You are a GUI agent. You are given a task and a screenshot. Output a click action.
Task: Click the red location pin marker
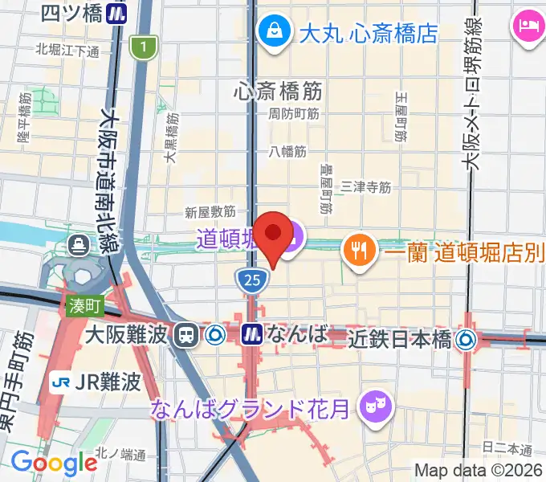[x=274, y=235]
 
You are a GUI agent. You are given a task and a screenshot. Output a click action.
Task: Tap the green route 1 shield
[x=143, y=48]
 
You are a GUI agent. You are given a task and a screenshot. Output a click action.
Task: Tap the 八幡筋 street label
[x=288, y=150]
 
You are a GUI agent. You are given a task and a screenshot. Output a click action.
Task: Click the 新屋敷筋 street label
[x=210, y=212]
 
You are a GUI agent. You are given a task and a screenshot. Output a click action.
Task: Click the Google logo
[x=54, y=463]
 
